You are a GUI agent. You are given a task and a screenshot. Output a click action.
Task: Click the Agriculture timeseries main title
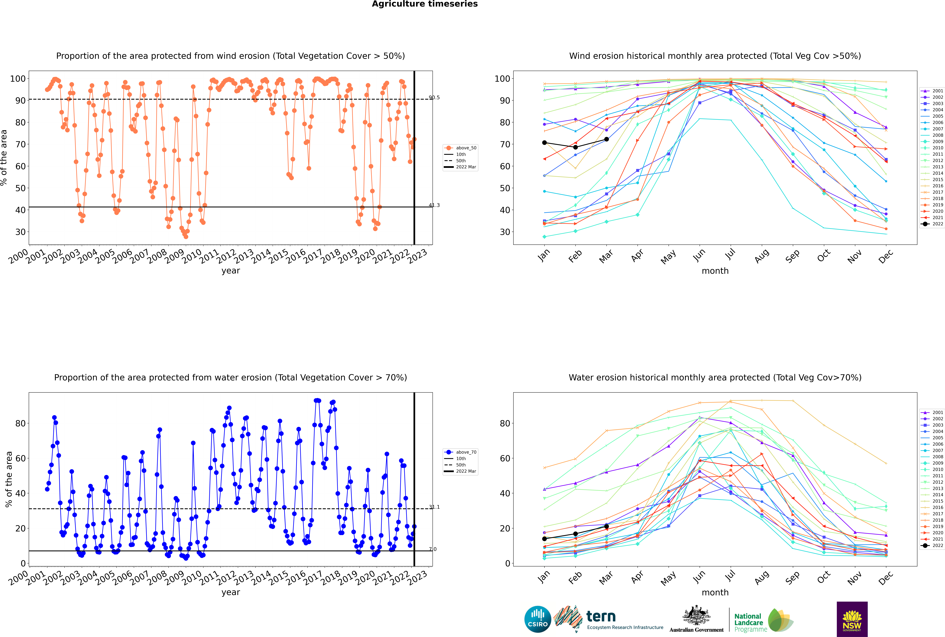425,4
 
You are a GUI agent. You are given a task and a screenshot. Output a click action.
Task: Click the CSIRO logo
537,619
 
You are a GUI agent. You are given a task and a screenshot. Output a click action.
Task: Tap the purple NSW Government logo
852,619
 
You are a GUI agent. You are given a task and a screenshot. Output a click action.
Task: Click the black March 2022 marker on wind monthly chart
607,139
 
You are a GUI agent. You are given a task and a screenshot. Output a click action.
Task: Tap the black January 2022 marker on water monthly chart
544,539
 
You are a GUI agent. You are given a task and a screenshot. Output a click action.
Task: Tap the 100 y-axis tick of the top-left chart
18,78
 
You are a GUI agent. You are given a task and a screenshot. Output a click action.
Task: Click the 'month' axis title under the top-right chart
715,271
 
